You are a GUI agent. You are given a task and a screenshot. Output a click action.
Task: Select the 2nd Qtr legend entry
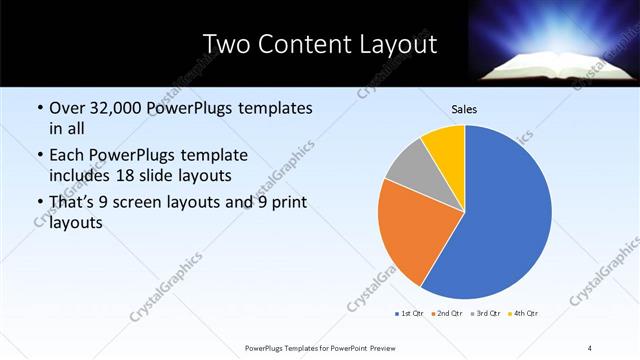coord(445,314)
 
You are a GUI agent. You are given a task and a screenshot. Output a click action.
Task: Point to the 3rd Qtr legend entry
coord(484,314)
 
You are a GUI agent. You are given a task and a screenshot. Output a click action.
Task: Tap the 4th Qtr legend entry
coord(523,314)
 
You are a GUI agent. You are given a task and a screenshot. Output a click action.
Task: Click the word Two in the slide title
coord(225,44)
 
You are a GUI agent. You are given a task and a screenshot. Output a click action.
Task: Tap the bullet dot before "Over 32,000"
coord(39,108)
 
